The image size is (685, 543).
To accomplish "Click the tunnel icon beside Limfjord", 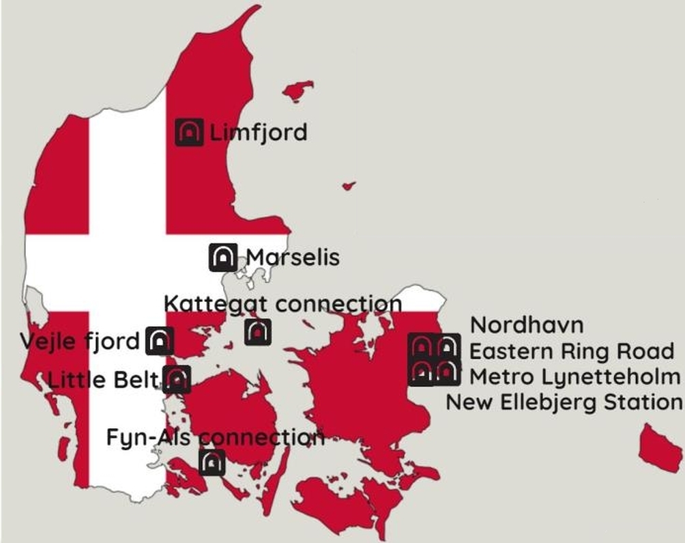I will [x=189, y=132].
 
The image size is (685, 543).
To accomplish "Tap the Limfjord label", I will [x=257, y=132].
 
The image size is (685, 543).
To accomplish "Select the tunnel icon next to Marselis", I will [x=222, y=257].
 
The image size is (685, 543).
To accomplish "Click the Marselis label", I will [x=293, y=257].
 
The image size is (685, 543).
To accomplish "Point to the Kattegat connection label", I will [x=283, y=303].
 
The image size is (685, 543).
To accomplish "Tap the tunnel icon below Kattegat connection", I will [x=258, y=332].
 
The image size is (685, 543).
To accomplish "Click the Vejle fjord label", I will [x=80, y=340].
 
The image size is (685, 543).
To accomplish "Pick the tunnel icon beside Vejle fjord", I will [x=160, y=340].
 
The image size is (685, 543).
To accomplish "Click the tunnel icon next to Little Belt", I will [x=177, y=379].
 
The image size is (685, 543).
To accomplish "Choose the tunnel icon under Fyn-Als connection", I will [x=212, y=462].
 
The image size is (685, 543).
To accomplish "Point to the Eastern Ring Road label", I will [x=572, y=351].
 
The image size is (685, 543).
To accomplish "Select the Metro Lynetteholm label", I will [x=575, y=376].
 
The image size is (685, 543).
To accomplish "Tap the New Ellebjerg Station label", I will [x=564, y=402].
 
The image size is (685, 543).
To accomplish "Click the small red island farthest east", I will [x=660, y=448].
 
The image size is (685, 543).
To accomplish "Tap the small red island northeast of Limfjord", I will [x=298, y=91].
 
